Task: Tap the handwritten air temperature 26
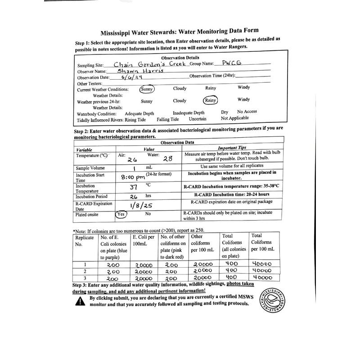click(x=132, y=160)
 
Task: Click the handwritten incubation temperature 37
click(x=133, y=187)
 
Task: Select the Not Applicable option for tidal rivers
click(x=234, y=118)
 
